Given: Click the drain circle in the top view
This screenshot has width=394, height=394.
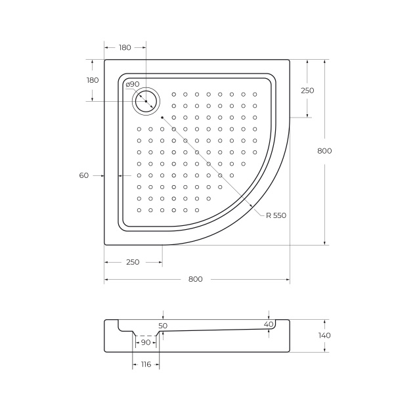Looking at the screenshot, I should tap(145, 100).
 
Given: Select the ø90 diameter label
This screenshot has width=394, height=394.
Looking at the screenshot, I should tap(132, 84).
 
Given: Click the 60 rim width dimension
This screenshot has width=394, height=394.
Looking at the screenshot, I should tap(83, 175).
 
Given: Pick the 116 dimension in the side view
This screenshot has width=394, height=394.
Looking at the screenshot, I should tap(145, 364).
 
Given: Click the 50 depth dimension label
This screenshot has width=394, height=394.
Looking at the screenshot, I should tap(163, 325).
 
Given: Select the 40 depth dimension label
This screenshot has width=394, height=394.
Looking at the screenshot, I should tap(268, 324).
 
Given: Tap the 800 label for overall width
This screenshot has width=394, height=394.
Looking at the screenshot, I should tap(195, 279).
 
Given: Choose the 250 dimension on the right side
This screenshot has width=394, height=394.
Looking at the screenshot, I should tap(307, 90).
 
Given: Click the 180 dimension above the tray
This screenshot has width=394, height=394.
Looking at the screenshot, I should tap(125, 47).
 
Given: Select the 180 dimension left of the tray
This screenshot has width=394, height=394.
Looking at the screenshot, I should tap(93, 79).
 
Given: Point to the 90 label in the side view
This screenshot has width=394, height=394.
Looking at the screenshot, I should tap(145, 342).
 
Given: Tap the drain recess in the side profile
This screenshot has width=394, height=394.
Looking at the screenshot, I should tap(145, 331).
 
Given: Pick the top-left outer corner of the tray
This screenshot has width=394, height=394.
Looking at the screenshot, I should tap(105, 60).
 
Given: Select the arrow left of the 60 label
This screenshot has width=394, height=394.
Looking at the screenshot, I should tap(100, 176).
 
